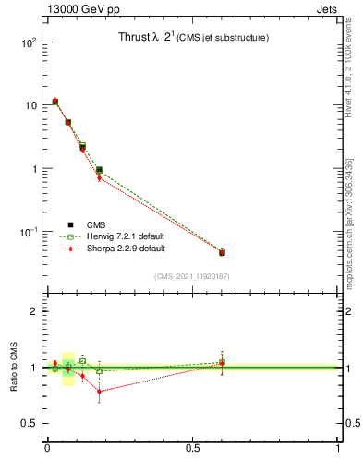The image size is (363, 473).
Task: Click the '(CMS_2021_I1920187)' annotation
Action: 191,275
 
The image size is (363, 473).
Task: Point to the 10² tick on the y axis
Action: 28,42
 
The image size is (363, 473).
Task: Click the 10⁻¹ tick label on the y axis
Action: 27,232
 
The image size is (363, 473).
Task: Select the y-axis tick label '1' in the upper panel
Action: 33,169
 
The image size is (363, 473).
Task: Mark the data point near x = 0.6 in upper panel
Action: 222,251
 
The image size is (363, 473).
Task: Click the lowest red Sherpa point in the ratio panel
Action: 99,392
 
